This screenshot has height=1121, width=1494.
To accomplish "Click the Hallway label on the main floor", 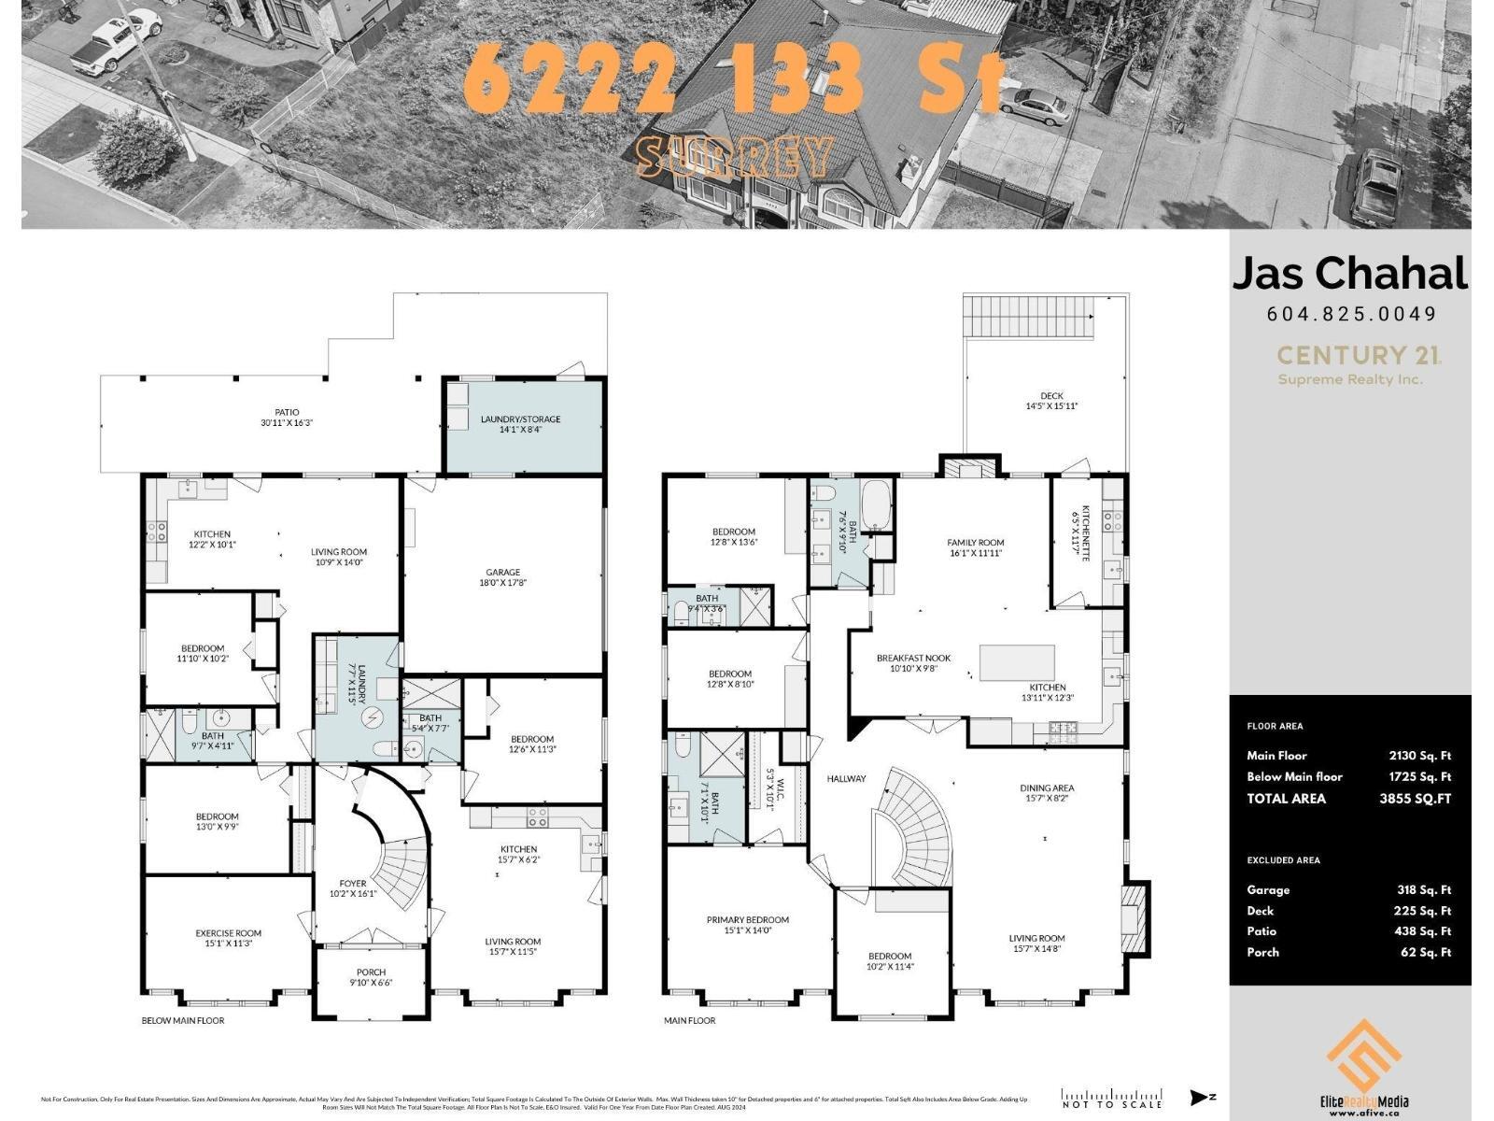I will coord(846,778).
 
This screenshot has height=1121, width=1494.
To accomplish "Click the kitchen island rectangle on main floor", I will coord(1017,662).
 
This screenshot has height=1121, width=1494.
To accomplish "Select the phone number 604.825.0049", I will coord(1350,314).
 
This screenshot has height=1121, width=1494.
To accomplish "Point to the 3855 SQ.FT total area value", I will coord(1415,799).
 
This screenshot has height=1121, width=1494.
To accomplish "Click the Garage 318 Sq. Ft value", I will coord(1423,890).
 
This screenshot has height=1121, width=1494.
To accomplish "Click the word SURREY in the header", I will coord(733,157).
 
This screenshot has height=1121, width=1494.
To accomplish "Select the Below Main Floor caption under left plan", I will coord(183,1020).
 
